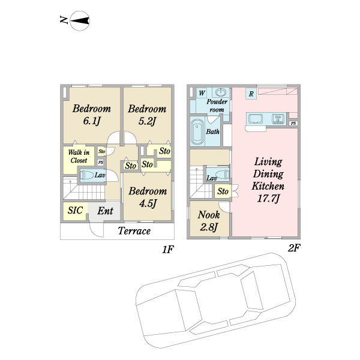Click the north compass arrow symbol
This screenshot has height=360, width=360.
click(x=80, y=22)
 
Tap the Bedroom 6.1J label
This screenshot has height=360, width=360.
click(x=92, y=115)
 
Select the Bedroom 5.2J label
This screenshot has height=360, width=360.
click(x=146, y=115)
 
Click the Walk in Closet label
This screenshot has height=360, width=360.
click(x=79, y=157)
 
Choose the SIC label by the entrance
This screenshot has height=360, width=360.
click(x=75, y=211)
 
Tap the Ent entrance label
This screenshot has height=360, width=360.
click(x=105, y=211)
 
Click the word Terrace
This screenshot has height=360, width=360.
click(x=134, y=232)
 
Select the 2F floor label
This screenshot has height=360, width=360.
click(x=293, y=248)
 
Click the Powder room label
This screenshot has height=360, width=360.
click(x=217, y=106)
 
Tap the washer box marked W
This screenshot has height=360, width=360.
click(x=202, y=93)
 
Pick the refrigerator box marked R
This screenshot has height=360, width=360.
click(x=251, y=94)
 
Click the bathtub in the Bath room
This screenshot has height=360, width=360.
click(x=197, y=132)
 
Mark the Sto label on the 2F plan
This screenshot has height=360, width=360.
click(x=223, y=191)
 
